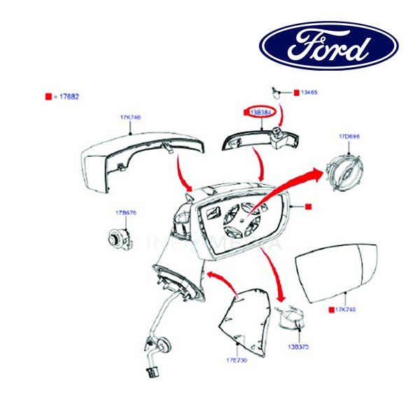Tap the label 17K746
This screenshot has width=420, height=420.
coord(131,118)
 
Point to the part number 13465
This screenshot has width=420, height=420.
coord(309,92)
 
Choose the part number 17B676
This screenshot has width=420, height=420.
coord(116,211)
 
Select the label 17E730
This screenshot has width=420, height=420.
coord(237,360)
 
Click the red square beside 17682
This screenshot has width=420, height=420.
coord(48,97)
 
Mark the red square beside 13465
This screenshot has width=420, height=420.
coord(296,92)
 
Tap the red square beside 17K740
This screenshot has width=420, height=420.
coord(331,309)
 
